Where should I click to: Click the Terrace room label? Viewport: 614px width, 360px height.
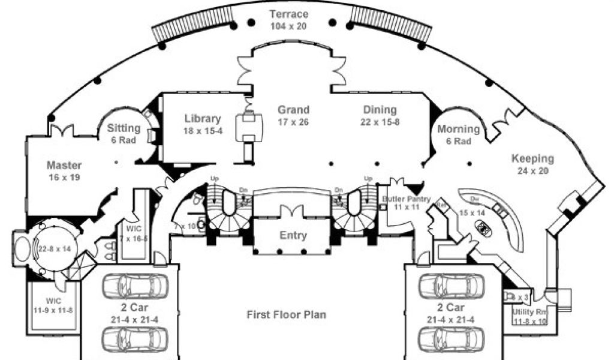pos(288,14)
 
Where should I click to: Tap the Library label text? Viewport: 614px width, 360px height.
pos(203,119)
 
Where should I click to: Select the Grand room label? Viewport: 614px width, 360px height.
pos(293,110)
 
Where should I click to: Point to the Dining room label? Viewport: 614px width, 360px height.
pos(380,110)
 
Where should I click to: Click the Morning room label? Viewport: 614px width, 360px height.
pos(459,129)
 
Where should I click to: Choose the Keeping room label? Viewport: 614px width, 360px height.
pos(532,159)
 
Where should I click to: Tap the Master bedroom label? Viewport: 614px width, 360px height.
pos(64,166)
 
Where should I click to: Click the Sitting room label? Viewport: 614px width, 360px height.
pos(124,128)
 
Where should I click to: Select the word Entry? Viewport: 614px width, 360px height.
pos(293,235)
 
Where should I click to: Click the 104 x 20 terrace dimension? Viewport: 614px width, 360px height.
pos(289,26)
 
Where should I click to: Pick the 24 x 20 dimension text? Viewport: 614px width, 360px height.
pos(532,171)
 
